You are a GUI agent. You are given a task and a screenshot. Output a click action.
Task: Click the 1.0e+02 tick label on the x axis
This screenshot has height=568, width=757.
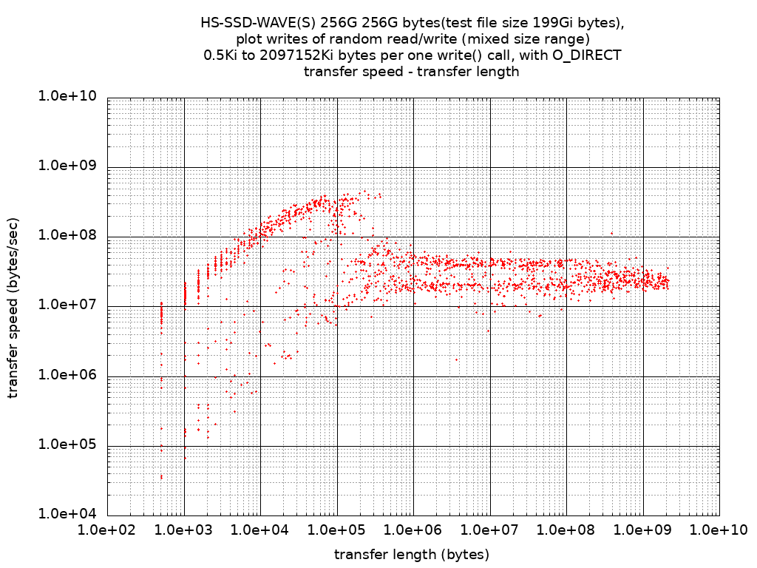(x=107, y=530)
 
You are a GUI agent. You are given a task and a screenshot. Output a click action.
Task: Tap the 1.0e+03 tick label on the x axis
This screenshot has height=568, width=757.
(x=184, y=530)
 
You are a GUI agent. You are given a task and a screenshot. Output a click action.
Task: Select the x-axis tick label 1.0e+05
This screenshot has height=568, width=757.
(x=337, y=530)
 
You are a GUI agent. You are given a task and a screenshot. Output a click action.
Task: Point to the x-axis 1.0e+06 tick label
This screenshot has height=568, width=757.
(x=413, y=530)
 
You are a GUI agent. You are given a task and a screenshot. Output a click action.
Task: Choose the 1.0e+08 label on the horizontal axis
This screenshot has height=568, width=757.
(x=566, y=530)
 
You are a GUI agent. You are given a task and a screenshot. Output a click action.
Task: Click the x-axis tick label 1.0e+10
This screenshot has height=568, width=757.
(x=719, y=530)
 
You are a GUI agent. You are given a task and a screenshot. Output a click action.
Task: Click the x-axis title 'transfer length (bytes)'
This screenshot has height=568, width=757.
(x=412, y=555)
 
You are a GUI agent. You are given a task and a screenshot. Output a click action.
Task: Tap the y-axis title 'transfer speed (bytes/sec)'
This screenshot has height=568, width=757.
(x=14, y=306)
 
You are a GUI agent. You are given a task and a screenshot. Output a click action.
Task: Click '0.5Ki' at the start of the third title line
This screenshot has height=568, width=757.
(x=220, y=55)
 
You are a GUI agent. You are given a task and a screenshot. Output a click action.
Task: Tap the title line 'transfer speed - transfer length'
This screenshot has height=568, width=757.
(x=412, y=72)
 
